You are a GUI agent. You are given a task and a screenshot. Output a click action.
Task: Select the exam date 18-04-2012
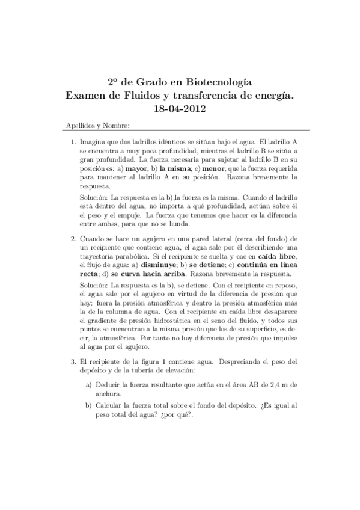(180, 109)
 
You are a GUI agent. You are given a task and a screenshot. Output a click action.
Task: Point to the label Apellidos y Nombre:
(96, 126)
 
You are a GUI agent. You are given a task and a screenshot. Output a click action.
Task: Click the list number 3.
(73, 363)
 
